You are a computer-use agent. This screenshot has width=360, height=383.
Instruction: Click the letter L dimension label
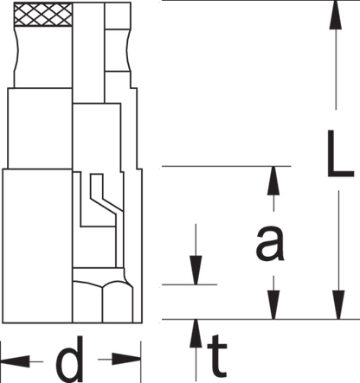click(340, 153)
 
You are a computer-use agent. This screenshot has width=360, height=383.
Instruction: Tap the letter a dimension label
click(270, 243)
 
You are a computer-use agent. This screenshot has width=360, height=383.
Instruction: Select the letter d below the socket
click(69, 358)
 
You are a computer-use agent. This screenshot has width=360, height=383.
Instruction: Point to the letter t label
click(217, 356)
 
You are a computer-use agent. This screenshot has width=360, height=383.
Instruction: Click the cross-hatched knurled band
click(43, 15)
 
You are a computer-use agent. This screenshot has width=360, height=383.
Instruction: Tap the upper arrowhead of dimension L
click(336, 15)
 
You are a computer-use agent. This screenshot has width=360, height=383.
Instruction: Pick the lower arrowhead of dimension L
click(338, 305)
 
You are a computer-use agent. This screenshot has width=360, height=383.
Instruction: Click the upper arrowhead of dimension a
click(273, 181)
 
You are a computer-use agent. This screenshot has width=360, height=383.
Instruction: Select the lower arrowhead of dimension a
click(273, 305)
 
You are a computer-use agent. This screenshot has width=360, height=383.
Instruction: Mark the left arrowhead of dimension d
click(15, 361)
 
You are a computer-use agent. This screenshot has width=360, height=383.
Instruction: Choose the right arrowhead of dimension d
click(126, 360)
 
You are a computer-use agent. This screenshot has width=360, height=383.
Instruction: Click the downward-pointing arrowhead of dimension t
click(196, 271)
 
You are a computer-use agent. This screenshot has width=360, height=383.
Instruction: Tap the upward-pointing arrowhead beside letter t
click(196, 334)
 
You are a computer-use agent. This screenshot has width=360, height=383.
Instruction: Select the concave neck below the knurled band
click(43, 57)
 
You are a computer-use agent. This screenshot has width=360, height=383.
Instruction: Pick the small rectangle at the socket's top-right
click(118, 16)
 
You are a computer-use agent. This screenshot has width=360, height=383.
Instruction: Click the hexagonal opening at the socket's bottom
click(103, 301)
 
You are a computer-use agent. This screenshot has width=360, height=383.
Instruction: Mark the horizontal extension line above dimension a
click(226, 166)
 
